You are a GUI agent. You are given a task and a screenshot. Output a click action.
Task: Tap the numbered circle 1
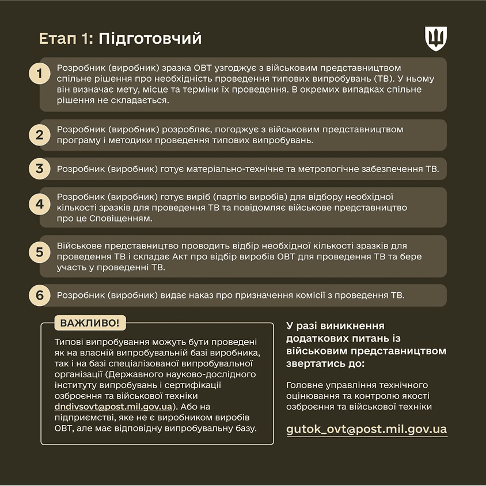coord(39,74)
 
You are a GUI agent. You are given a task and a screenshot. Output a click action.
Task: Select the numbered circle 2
coord(39,135)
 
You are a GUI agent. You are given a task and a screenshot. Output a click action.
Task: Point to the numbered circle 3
coord(39,169)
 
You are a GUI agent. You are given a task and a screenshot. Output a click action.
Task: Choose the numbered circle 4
coord(39,204)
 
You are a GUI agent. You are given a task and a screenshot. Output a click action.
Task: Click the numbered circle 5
coord(39,252)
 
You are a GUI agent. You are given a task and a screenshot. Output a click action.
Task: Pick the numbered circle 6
coord(39,295)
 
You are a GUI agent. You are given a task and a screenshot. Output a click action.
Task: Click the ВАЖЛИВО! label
coord(90,323)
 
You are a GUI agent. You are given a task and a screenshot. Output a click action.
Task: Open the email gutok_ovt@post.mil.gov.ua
coord(366,429)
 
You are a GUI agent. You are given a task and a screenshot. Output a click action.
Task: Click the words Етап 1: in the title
coord(65,39)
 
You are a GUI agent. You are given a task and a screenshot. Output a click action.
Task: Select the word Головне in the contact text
coord(305,384)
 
